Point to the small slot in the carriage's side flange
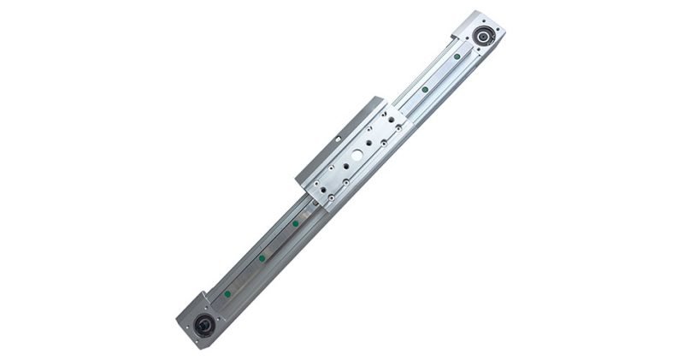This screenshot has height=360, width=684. coord(339,134)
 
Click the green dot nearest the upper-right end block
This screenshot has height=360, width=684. coord(458,56)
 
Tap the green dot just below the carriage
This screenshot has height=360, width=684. coord(295,224)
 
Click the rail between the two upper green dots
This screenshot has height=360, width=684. coord(442,72)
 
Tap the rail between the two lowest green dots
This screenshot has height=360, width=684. coord(245,275)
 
